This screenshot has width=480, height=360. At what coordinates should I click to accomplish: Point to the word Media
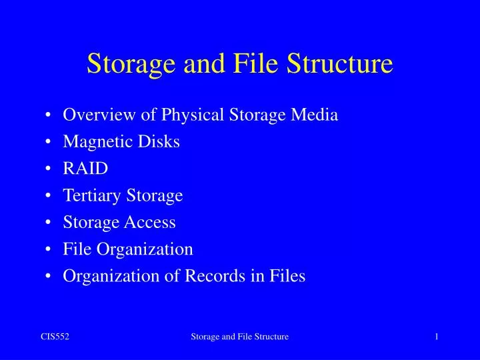click(x=317, y=115)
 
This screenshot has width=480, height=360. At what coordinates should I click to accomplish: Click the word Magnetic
click(x=95, y=142)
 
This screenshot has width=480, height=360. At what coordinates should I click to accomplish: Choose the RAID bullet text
click(x=85, y=169)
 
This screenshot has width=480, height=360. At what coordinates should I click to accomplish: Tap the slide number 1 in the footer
click(x=436, y=337)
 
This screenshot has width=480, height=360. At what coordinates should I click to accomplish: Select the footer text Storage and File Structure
click(x=240, y=337)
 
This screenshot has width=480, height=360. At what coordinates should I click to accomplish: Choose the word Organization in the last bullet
click(x=108, y=276)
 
